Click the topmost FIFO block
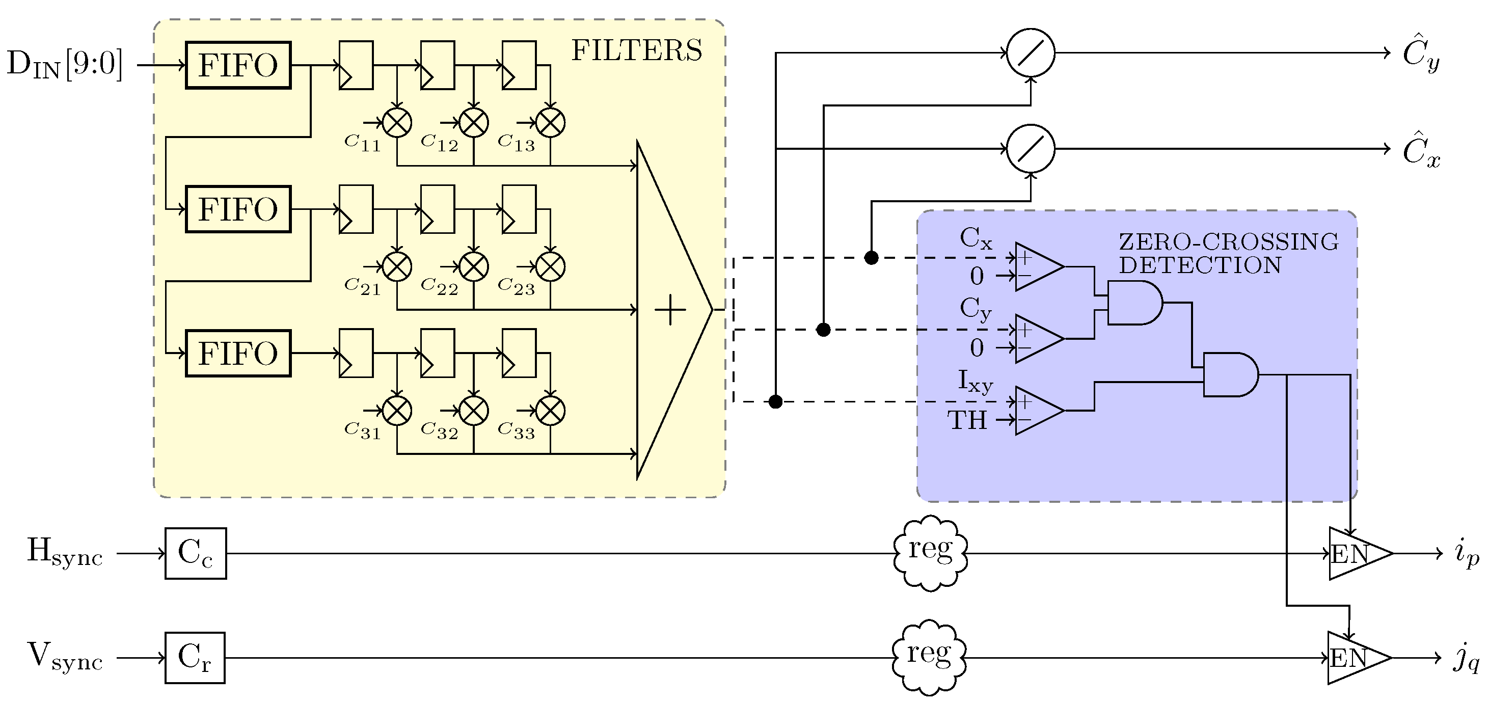click(x=238, y=65)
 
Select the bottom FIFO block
click(x=238, y=354)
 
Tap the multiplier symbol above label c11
click(x=397, y=122)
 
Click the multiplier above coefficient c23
click(x=551, y=267)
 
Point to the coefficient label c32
click(x=439, y=430)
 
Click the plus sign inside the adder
click(x=670, y=310)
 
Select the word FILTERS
click(x=637, y=51)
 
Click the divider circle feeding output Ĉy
click(x=1031, y=52)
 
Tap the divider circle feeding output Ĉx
click(x=1031, y=149)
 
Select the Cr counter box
click(x=195, y=658)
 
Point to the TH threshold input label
click(x=966, y=420)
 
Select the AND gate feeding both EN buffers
click(x=1229, y=374)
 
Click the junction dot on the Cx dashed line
click(x=871, y=258)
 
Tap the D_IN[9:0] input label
click(x=65, y=64)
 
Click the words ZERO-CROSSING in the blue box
click(x=1229, y=241)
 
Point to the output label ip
click(x=1466, y=554)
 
